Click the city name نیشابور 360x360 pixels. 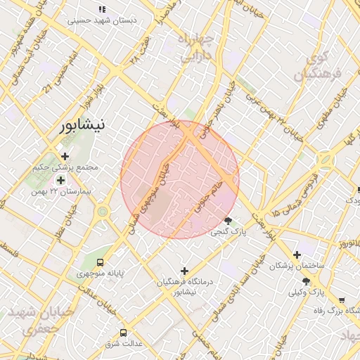(82, 125)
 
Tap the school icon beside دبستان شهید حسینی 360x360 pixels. (102, 10)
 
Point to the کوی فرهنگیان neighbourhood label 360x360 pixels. (313, 65)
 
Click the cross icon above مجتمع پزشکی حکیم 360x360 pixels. (65, 156)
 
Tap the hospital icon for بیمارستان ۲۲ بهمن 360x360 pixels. (60, 180)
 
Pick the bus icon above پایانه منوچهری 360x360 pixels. (106, 257)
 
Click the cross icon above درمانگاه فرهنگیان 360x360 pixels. (185, 271)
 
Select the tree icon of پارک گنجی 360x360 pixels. (227, 221)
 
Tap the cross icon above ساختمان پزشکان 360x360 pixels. (297, 255)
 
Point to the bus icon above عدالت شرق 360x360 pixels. (124, 332)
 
